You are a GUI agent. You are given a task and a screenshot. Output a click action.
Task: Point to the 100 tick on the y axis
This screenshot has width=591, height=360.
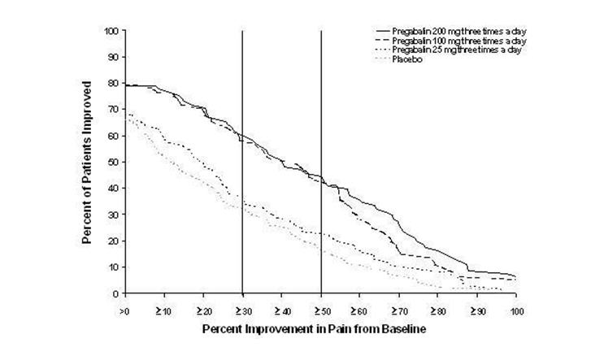point(112,31)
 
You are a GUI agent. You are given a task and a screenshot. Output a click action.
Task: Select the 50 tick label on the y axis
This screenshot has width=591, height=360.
point(115,163)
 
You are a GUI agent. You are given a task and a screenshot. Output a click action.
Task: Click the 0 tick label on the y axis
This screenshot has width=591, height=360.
point(117,293)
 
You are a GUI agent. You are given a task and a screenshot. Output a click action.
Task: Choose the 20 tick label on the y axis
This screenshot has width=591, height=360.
point(115,241)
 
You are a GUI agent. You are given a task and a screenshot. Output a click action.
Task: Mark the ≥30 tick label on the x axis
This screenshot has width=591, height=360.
point(242,310)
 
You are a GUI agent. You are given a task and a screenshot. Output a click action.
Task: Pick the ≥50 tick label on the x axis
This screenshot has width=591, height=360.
point(321,310)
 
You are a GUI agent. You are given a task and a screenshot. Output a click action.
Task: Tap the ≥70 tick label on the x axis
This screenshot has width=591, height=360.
point(399,310)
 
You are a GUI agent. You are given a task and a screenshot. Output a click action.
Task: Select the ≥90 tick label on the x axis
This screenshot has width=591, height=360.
point(478,310)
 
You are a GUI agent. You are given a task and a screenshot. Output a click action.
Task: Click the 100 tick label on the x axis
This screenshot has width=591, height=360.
point(516,310)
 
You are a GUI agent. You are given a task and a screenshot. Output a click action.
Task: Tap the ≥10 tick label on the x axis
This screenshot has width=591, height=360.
point(163,310)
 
